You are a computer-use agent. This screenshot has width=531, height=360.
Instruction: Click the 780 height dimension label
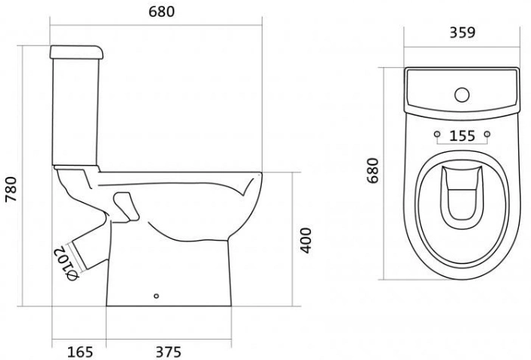tap(11, 189)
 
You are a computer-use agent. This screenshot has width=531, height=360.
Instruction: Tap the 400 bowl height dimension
tap(306, 241)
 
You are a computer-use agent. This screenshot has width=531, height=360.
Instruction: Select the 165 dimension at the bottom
tap(80, 352)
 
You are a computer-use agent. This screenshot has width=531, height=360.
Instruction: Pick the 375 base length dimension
tap(169, 352)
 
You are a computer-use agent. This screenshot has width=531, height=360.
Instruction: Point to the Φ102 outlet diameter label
tap(67, 263)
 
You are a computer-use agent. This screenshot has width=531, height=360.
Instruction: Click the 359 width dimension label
tap(462, 33)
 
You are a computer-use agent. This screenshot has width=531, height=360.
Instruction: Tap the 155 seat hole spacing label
tap(462, 136)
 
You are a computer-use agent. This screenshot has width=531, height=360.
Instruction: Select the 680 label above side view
tap(162, 11)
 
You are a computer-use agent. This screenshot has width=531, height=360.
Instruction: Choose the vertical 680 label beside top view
tap(373, 170)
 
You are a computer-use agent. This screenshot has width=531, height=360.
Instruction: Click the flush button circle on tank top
tap(462, 95)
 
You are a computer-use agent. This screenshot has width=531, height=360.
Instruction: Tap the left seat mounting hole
tap(437, 134)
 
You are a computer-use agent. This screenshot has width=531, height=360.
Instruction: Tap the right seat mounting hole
tap(487, 134)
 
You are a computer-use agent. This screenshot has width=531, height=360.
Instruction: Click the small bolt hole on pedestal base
tap(156, 296)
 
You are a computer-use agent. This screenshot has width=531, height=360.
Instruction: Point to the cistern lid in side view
tap(76, 52)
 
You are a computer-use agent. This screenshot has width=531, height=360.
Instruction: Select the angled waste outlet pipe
tap(91, 249)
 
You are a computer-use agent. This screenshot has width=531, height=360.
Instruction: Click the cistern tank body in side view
tap(76, 112)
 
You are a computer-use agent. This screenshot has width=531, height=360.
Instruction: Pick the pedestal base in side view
tap(169, 272)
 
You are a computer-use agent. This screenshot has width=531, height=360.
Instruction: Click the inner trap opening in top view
tap(462, 197)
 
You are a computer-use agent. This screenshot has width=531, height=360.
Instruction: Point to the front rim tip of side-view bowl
tap(261, 174)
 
